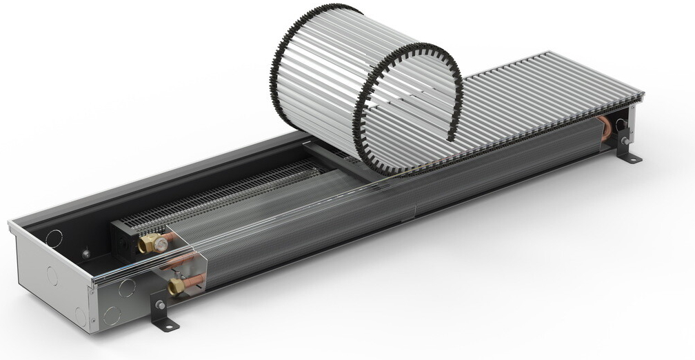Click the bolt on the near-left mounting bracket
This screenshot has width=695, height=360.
(x=160, y=304)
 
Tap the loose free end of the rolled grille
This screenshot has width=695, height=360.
(x=452, y=134)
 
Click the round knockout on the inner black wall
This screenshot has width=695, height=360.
(x=52, y=238)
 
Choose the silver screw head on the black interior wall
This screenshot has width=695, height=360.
(x=86, y=254)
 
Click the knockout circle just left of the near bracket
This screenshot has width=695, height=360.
(x=127, y=288)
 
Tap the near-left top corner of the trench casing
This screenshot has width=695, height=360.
(x=11, y=225)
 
